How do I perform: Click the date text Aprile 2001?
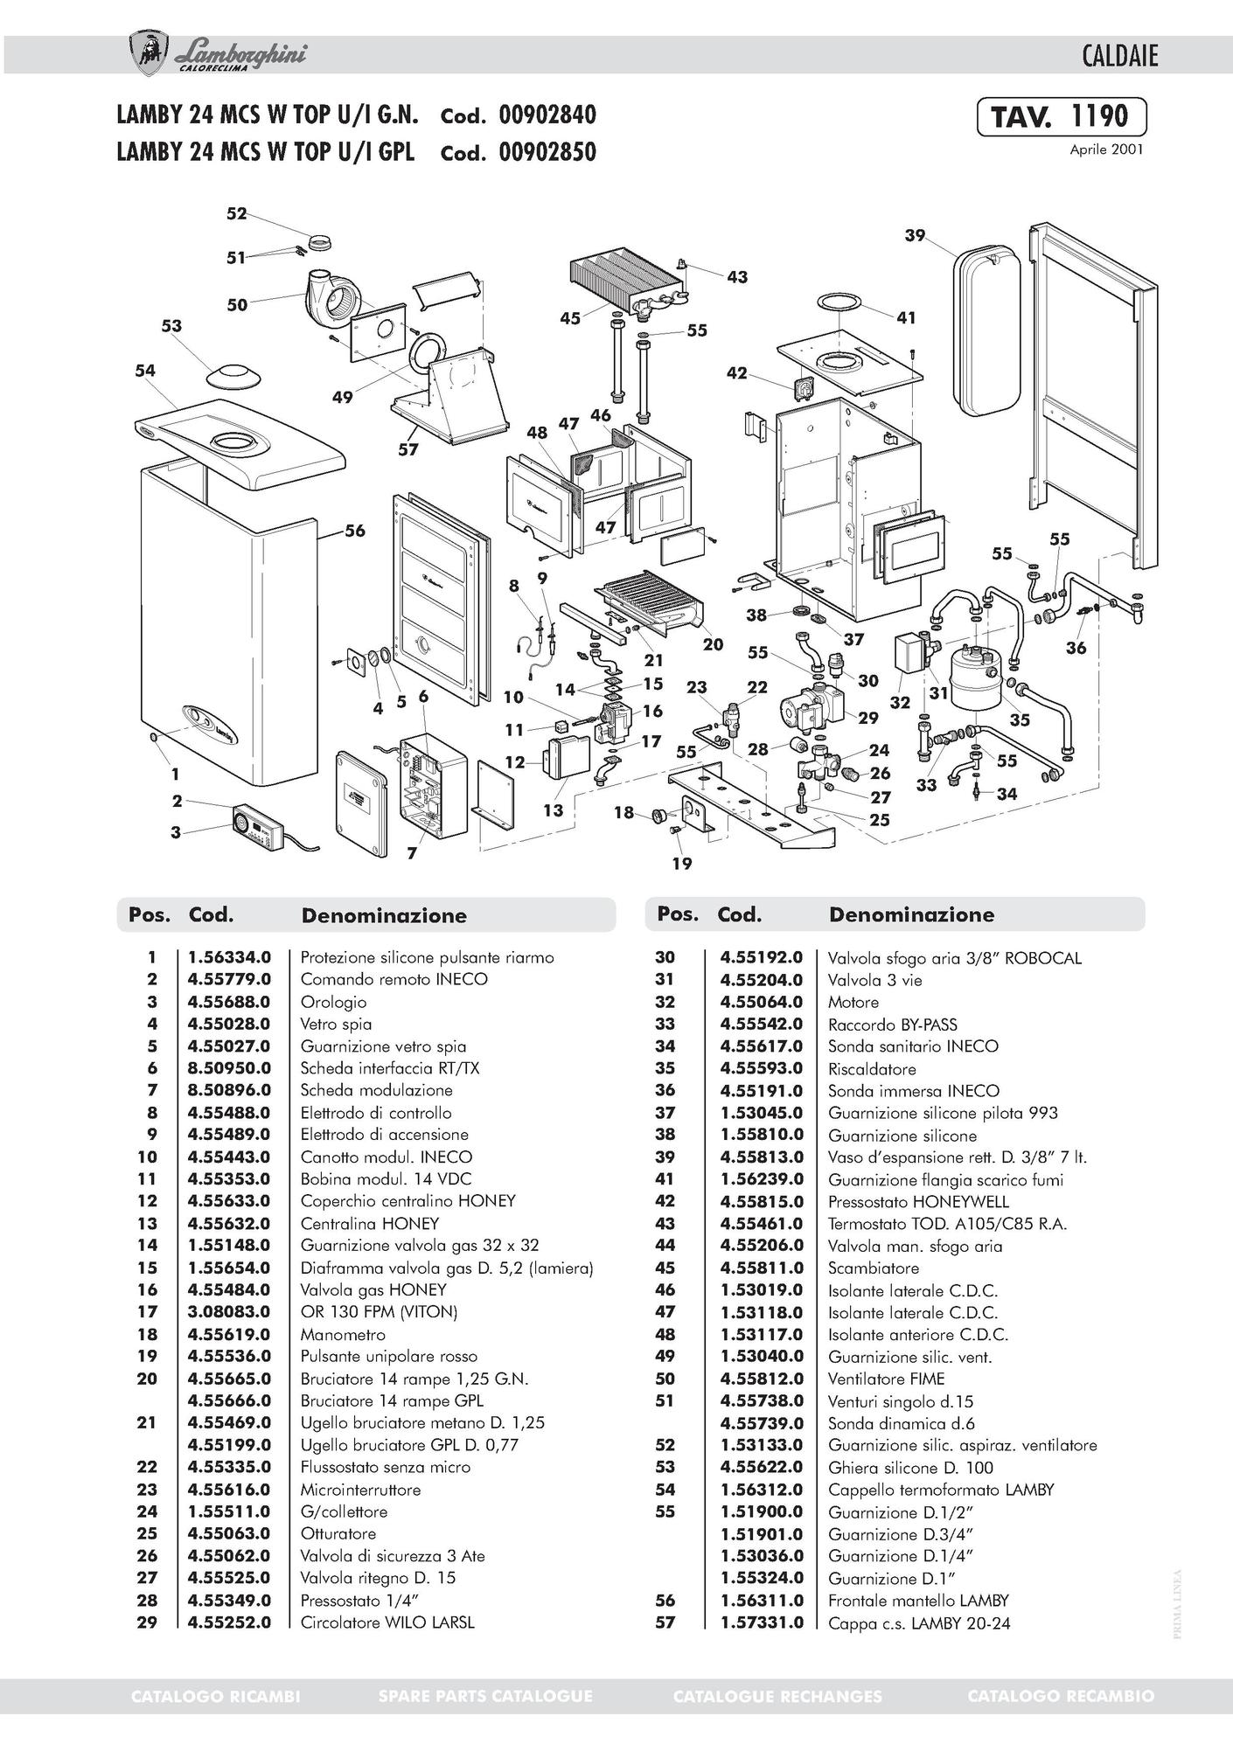(x=1106, y=149)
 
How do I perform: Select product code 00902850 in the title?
(x=547, y=152)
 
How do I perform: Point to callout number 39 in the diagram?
(x=915, y=235)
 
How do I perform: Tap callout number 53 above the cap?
(x=171, y=326)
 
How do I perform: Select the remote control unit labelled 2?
(x=255, y=826)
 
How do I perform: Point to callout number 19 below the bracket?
(x=682, y=864)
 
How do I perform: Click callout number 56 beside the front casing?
(x=354, y=531)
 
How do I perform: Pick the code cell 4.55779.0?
(x=229, y=979)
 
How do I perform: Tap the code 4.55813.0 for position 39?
(x=761, y=1157)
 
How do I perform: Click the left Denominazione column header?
(x=384, y=915)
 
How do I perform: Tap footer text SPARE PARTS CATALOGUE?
(x=485, y=1696)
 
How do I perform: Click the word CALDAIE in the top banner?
(x=1119, y=57)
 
